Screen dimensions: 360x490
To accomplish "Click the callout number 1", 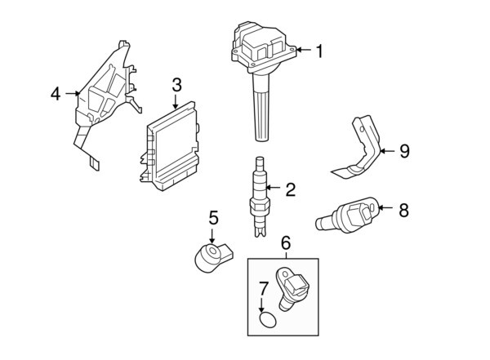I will [x=319, y=51].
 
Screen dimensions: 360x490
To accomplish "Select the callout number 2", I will [x=290, y=190].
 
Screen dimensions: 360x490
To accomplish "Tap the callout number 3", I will [x=176, y=85].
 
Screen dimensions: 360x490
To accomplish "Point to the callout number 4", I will [x=56, y=94].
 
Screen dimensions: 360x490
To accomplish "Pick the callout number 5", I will [x=213, y=218].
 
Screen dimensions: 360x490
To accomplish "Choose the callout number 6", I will [x=286, y=242].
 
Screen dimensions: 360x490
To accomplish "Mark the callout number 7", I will [x=264, y=287].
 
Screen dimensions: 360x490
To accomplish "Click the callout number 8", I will [x=403, y=210].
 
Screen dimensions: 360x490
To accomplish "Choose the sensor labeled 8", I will [x=349, y=215].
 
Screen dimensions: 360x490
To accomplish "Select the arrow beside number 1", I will [x=301, y=51].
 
